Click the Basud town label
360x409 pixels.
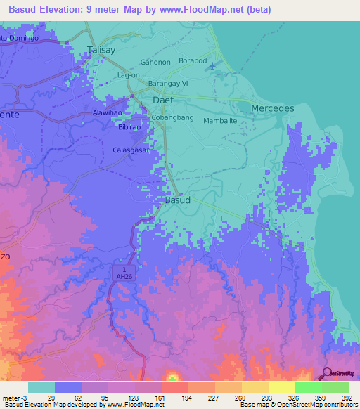pos(176,200)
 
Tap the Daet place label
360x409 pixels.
pos(162,100)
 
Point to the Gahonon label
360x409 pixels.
pos(155,62)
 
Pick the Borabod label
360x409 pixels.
pos(193,61)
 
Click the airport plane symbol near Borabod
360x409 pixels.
pos(213,66)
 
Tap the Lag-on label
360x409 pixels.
pos(129,74)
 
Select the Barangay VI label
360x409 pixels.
pos(168,82)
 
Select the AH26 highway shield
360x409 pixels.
pos(123,274)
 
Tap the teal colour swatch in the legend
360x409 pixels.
pos(41,387)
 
